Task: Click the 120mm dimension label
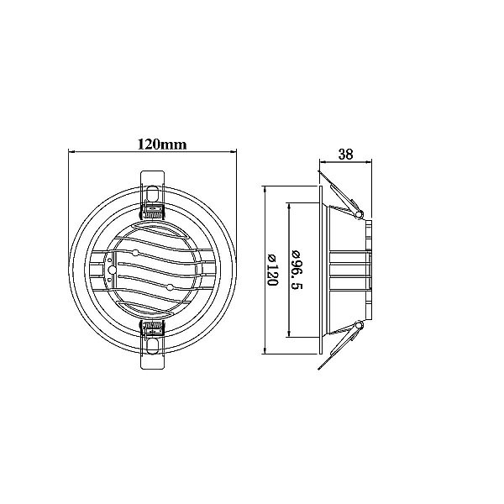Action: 162,144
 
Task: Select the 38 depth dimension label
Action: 345,155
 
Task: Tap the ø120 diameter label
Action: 272,270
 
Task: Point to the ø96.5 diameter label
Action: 297,270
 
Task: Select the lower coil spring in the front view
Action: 153,329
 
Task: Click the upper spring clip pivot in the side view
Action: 359,213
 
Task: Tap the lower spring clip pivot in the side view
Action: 359,326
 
